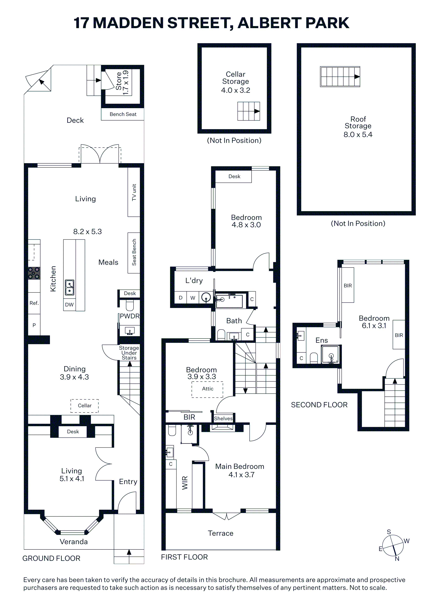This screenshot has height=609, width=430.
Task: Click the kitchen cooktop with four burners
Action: coord(34,273)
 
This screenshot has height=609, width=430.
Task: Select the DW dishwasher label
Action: coord(69,304)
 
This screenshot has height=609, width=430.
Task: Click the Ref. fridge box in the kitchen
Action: coord(34,303)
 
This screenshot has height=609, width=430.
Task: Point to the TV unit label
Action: coord(134,192)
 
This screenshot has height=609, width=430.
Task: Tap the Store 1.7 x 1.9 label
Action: coord(122,82)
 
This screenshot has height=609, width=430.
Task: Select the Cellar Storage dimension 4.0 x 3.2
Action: coord(235,90)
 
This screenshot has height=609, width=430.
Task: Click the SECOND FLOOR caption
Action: coord(319,405)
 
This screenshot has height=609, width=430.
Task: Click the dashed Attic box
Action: coord(207,389)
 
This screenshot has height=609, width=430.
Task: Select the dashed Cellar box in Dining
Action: coord(84,406)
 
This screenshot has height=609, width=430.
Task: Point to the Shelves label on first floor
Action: coord(223,419)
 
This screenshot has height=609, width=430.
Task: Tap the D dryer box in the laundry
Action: coord(181,298)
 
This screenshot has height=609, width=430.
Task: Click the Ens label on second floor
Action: coord(322,340)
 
